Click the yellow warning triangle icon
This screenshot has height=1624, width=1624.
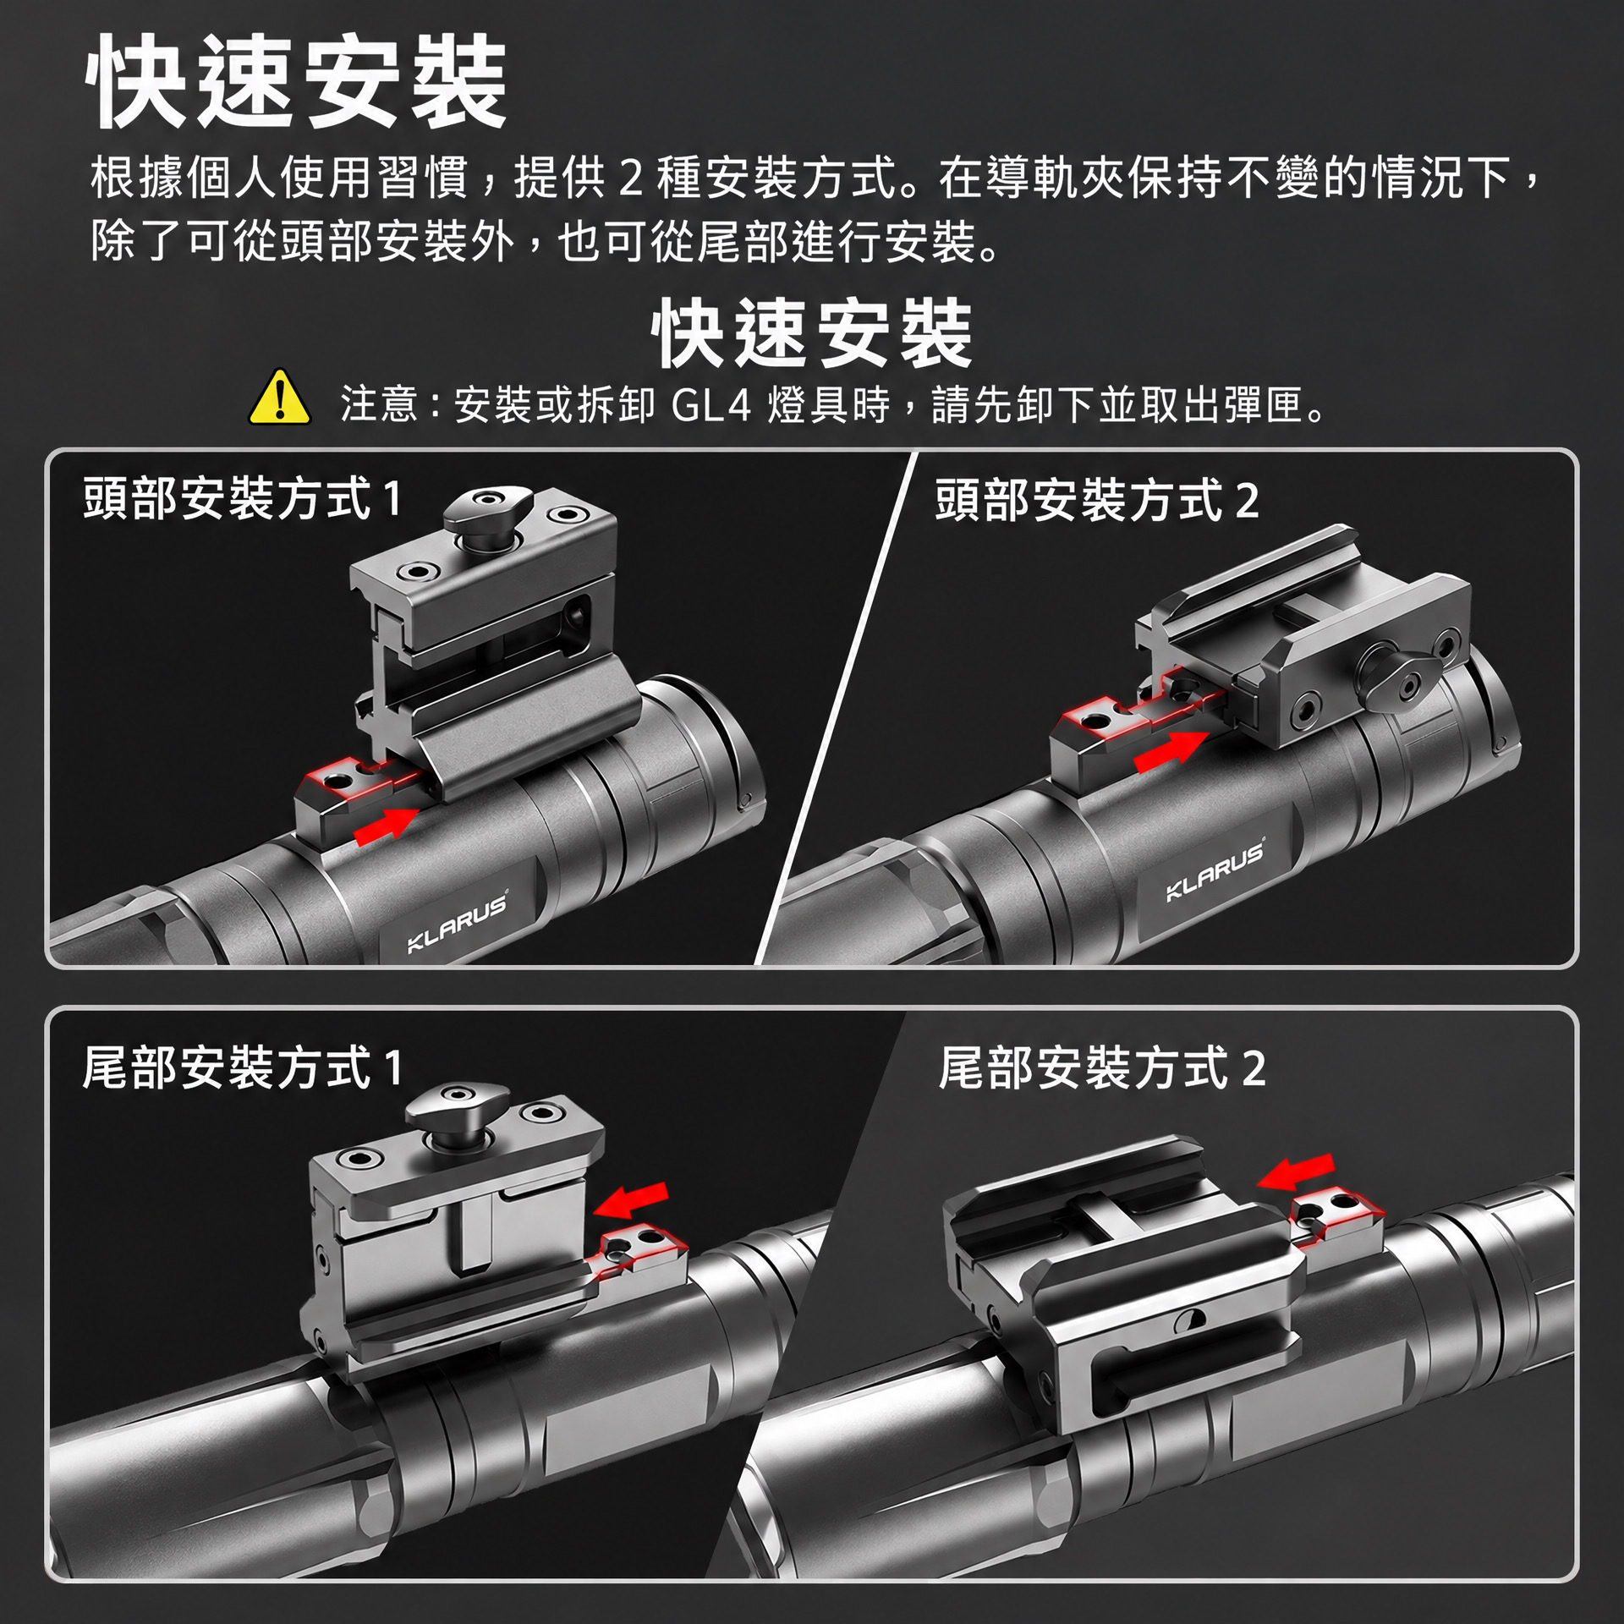pyautogui.click(x=280, y=398)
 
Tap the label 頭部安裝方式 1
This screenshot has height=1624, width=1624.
pyautogui.click(x=242, y=498)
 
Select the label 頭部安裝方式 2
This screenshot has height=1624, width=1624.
pyautogui.click(x=1097, y=500)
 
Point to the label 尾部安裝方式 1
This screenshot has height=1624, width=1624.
pyautogui.click(x=242, y=1067)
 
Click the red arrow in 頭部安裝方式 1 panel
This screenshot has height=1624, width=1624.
pyautogui.click(x=387, y=825)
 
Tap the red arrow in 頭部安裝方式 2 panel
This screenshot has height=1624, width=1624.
pyautogui.click(x=1171, y=750)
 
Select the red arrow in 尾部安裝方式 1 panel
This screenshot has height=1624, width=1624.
pyautogui.click(x=631, y=1199)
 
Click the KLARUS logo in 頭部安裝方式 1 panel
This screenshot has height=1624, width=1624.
pyautogui.click(x=458, y=923)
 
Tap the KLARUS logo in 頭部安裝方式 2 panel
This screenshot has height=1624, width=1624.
pyautogui.click(x=1215, y=870)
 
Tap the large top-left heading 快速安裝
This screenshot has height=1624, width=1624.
pyautogui.click(x=296, y=82)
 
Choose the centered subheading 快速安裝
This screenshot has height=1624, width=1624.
pyautogui.click(x=812, y=333)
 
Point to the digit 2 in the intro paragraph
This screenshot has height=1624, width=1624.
pyautogui.click(x=631, y=178)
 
